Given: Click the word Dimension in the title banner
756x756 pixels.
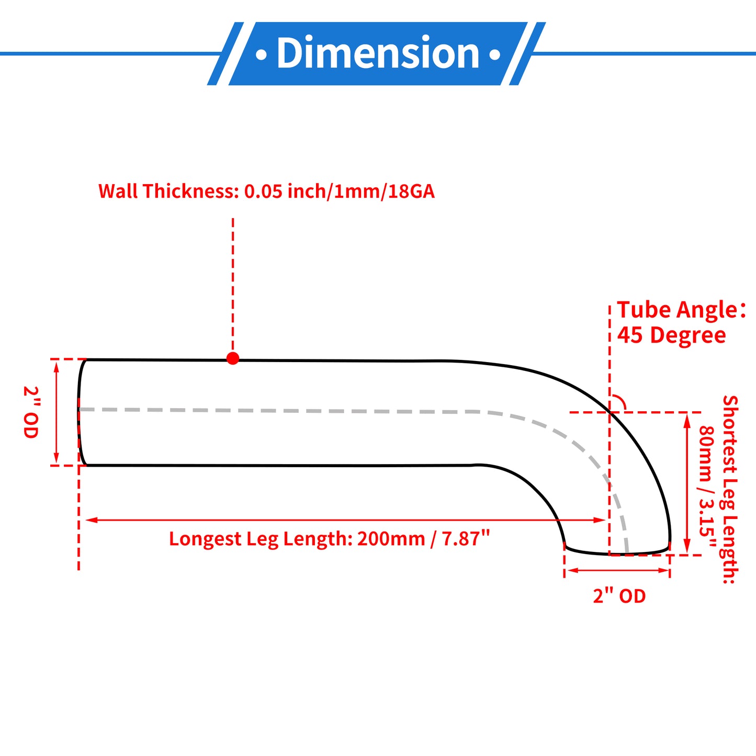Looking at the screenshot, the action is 378,53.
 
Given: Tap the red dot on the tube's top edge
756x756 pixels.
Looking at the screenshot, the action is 233,358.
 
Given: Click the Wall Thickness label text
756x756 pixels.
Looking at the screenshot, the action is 267,191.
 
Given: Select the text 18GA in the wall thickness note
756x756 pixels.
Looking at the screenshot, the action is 411,191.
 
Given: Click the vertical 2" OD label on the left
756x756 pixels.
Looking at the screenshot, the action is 30,412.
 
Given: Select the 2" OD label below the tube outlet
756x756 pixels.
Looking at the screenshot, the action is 619,596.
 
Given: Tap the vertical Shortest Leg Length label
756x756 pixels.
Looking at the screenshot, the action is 730,490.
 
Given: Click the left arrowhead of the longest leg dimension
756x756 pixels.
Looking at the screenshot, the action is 92,520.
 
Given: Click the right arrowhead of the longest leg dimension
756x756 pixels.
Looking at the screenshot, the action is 600,520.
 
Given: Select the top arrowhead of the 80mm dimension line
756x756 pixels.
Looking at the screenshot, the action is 686,420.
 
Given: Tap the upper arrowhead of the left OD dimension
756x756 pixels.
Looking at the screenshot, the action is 57,367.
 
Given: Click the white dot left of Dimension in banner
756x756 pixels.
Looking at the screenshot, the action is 261,54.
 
